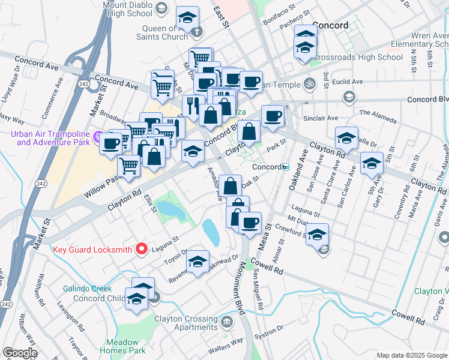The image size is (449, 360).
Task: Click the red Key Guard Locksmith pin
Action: (142, 248)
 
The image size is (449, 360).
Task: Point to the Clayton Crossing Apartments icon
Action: (228, 322)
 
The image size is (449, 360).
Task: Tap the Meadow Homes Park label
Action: (122, 346)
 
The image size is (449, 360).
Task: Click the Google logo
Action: (20, 353)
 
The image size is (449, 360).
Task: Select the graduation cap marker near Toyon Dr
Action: (197, 261)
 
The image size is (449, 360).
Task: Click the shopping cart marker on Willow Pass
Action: (128, 165)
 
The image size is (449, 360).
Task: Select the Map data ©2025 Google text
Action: (411, 355)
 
